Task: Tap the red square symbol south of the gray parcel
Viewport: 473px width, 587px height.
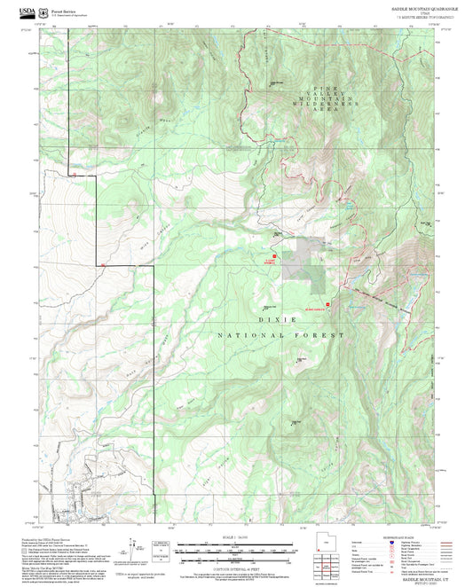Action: coord(328,303)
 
